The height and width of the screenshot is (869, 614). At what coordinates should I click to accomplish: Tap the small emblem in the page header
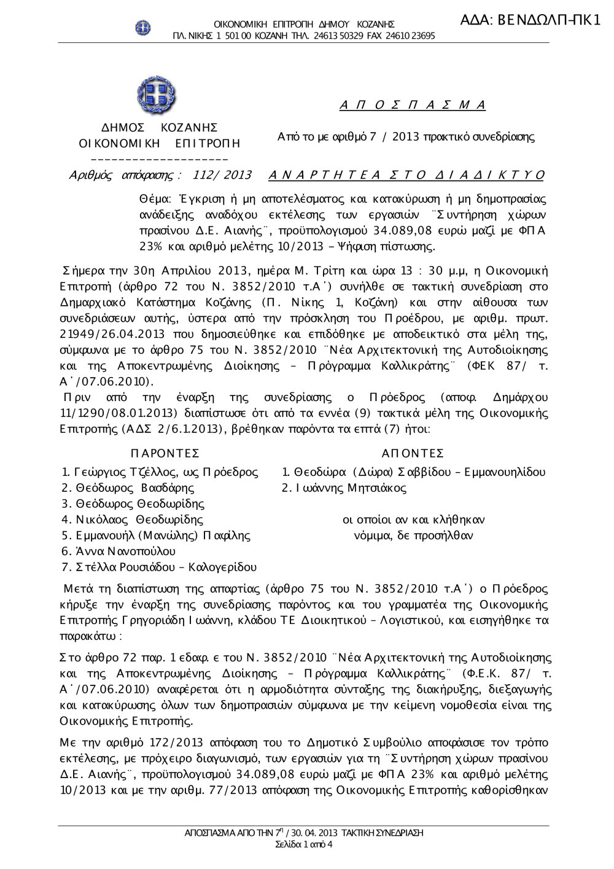pos(144,27)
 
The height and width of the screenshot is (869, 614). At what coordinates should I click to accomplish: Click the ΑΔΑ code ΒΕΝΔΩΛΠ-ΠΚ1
pos(529,20)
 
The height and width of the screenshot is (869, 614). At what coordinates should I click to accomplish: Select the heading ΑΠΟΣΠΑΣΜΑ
pos(413,105)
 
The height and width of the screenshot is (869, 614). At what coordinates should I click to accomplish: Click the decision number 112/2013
pos(222,175)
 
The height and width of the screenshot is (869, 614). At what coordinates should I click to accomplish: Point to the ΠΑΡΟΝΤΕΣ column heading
pos(165,453)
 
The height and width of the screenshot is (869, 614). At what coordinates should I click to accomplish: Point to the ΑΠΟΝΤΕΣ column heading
pos(413,453)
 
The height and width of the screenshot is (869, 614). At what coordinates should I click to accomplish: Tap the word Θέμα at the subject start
pos(153,200)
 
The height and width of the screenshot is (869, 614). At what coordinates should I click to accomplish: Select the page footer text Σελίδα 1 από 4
pos(305,844)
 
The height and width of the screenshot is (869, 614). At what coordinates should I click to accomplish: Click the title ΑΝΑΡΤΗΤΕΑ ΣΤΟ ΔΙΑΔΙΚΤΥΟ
pos(406,175)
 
